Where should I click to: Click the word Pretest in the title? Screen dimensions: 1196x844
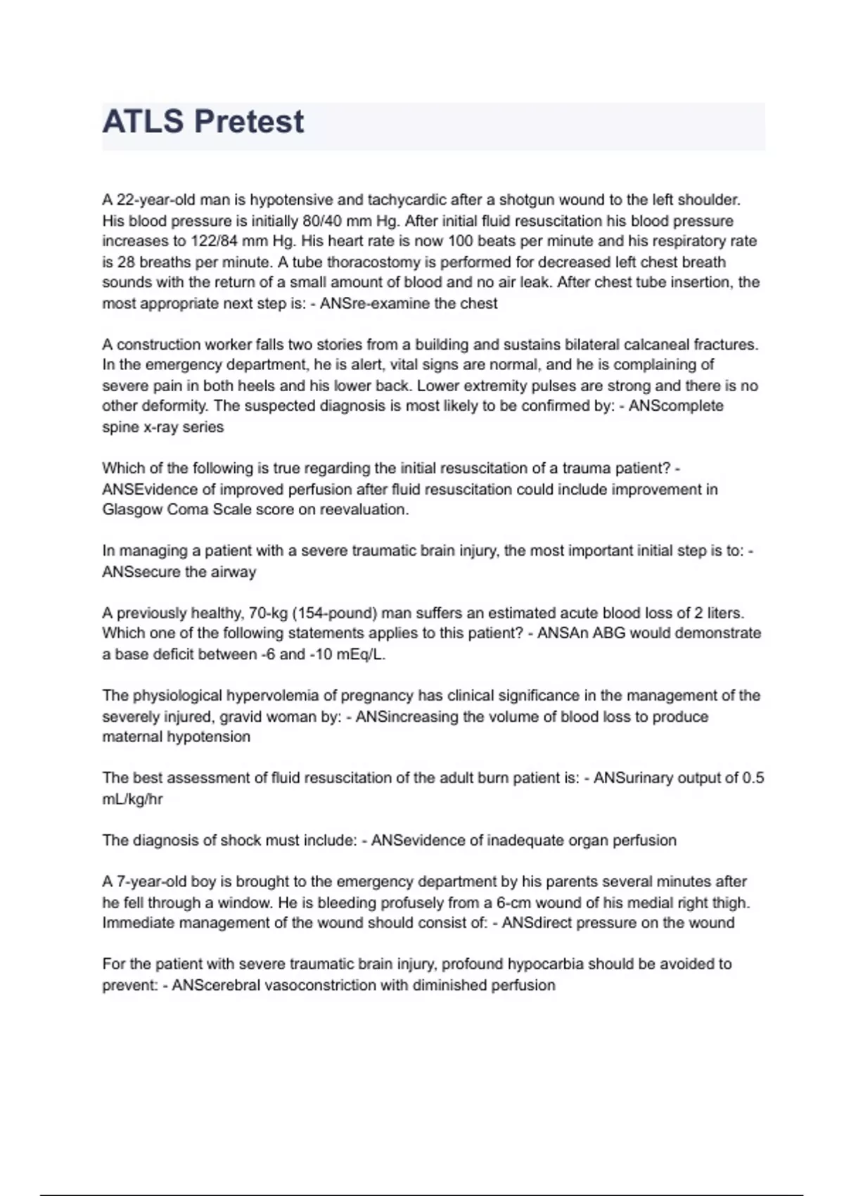pos(249,122)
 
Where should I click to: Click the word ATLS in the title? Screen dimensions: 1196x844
pos(143,122)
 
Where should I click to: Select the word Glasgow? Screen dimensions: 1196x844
pos(132,509)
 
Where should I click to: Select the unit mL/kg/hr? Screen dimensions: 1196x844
pos(132,799)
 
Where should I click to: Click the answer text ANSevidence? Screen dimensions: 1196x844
pos(418,841)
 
